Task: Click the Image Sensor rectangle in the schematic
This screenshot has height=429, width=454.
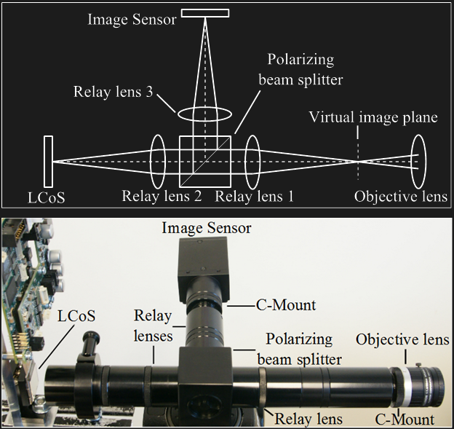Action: pos(205,12)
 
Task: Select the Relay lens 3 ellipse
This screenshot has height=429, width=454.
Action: pos(204,115)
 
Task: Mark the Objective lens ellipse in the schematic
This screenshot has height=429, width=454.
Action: pos(418,160)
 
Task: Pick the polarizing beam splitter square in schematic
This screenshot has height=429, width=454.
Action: pos(206,161)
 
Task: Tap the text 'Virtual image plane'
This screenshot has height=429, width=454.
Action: pos(373,117)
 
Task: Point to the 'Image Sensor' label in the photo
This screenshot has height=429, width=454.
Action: pos(207,229)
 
